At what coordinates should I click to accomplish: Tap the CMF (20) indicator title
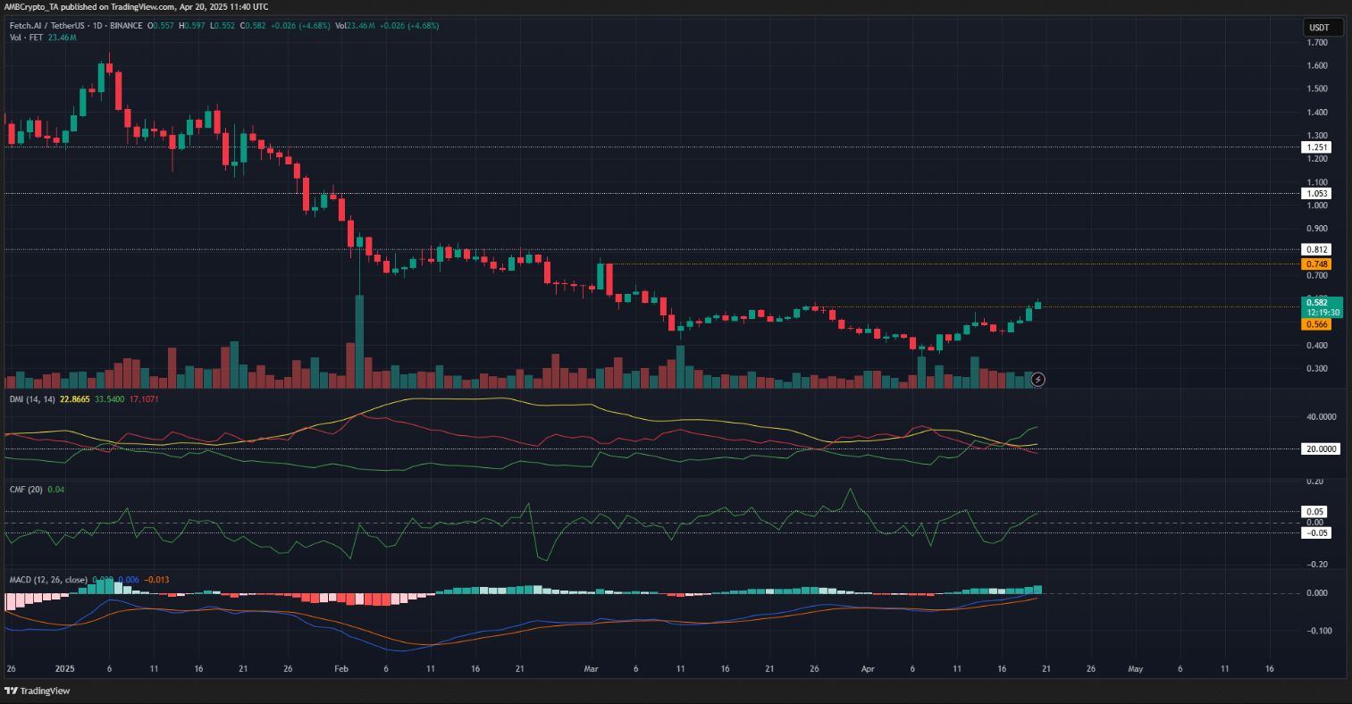24,490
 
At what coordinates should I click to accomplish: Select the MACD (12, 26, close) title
47,580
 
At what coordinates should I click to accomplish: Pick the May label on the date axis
1135,668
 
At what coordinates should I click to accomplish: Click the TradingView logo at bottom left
38,691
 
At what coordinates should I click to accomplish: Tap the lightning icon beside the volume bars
1037,380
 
